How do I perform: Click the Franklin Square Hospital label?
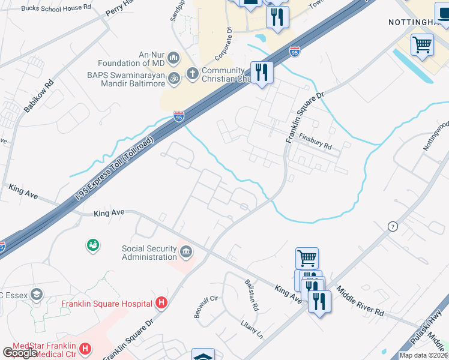(x=106, y=304)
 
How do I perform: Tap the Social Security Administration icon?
(x=186, y=250)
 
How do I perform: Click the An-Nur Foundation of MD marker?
(x=173, y=58)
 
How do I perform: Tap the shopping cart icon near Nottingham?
(x=423, y=45)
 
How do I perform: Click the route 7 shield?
(x=392, y=226)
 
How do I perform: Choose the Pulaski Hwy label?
(x=430, y=324)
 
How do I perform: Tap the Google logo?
(x=20, y=353)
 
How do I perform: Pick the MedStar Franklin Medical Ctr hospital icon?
(x=85, y=348)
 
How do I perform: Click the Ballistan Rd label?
(x=252, y=295)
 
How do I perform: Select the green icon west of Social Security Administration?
(x=93, y=244)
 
